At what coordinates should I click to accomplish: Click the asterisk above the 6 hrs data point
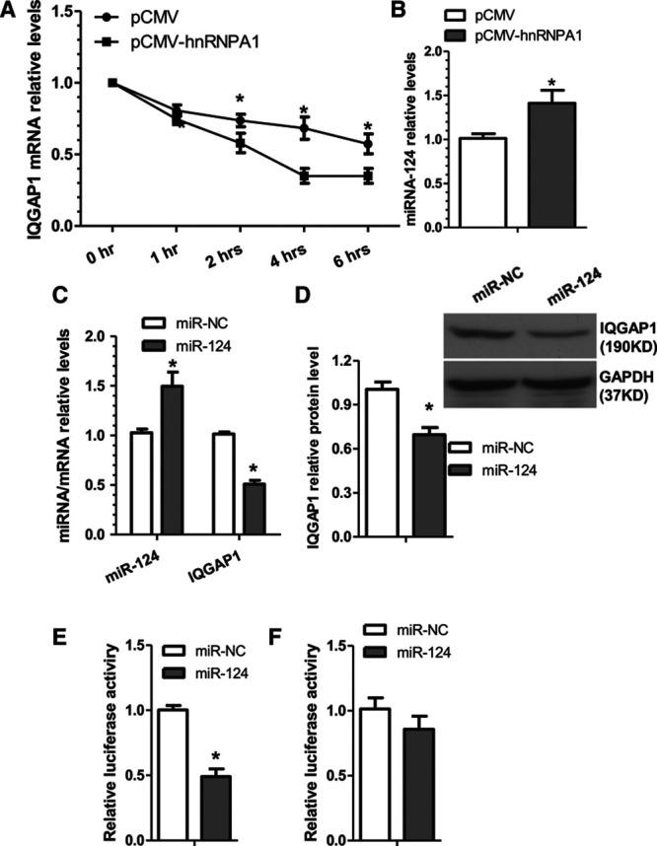coord(367,126)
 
